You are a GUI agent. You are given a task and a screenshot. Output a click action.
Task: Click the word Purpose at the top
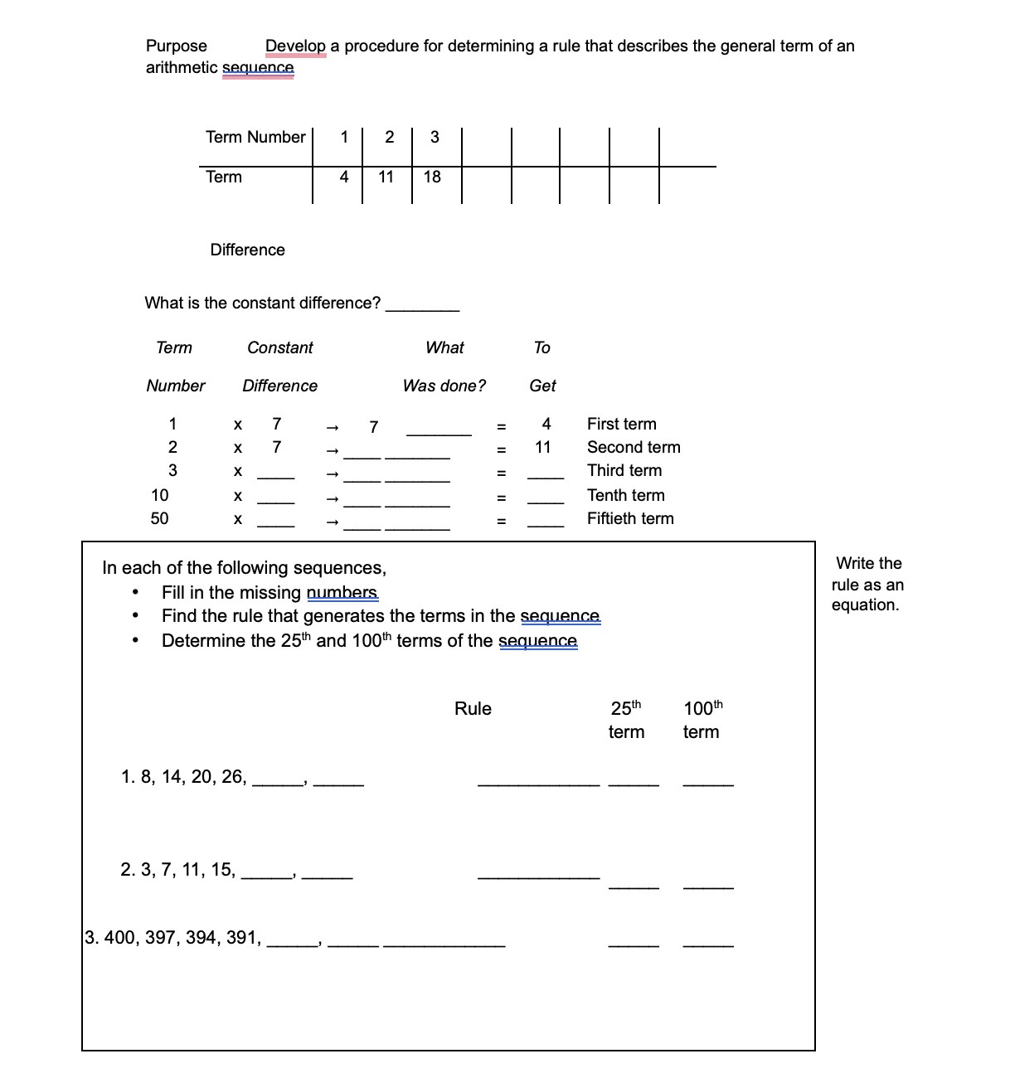pyautogui.click(x=176, y=46)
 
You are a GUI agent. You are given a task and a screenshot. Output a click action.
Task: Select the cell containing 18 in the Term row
pyautogui.click(x=432, y=177)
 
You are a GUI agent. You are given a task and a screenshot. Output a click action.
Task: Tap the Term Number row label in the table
pyautogui.click(x=255, y=137)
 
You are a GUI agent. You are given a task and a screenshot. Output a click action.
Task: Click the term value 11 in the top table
pyautogui.click(x=386, y=177)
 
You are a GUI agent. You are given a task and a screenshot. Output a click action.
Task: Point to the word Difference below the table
pyautogui.click(x=247, y=250)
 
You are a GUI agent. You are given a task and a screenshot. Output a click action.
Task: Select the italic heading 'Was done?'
pyautogui.click(x=444, y=386)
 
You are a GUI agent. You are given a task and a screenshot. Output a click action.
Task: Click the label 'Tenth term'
pyautogui.click(x=625, y=495)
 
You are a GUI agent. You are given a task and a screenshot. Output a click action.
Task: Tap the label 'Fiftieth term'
pyautogui.click(x=630, y=518)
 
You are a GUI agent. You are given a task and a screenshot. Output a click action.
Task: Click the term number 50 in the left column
pyautogui.click(x=159, y=518)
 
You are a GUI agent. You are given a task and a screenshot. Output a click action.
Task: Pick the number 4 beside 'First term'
pyautogui.click(x=546, y=424)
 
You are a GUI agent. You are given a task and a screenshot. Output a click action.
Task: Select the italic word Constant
pyautogui.click(x=280, y=347)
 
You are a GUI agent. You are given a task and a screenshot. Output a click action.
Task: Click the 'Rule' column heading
pyautogui.click(x=473, y=708)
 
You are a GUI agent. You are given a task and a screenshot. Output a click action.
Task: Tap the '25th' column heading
pyautogui.click(x=626, y=708)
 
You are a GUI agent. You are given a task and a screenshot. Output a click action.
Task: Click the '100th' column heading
pyautogui.click(x=702, y=708)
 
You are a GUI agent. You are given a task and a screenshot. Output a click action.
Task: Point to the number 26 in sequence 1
pyautogui.click(x=232, y=776)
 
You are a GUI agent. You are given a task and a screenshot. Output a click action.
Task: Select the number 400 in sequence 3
pyautogui.click(x=121, y=937)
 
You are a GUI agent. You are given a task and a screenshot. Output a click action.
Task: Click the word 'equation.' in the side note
pyautogui.click(x=865, y=605)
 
